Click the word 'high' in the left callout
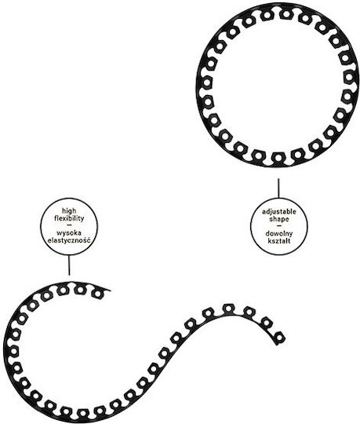click(69, 211)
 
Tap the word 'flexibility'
click(69, 218)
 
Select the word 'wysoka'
click(69, 233)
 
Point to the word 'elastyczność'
click(69, 240)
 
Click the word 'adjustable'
click(279, 212)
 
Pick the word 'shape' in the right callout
click(279, 219)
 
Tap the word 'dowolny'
click(279, 234)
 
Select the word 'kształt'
click(279, 241)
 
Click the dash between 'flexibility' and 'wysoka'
click(69, 225)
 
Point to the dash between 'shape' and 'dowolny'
click(279, 226)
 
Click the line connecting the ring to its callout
click(278, 188)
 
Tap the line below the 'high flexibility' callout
click(69, 265)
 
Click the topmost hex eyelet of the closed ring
click(286, 13)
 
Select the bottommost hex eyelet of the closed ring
click(278, 157)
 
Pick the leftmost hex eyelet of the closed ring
click(207, 82)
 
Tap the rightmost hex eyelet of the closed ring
click(349, 77)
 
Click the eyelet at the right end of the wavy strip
click(280, 338)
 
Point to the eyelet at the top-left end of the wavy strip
click(97, 294)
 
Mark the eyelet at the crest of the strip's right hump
click(228, 309)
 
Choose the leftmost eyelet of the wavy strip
click(12, 352)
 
